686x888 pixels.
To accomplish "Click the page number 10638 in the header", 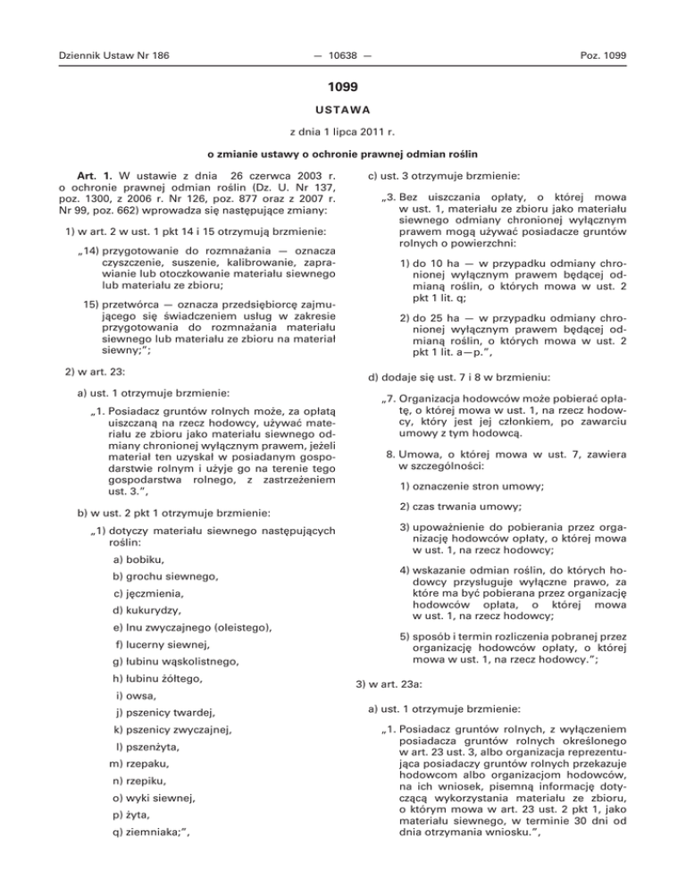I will tap(342, 56).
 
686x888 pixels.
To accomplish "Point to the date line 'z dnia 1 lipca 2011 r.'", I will tap(343, 138).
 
